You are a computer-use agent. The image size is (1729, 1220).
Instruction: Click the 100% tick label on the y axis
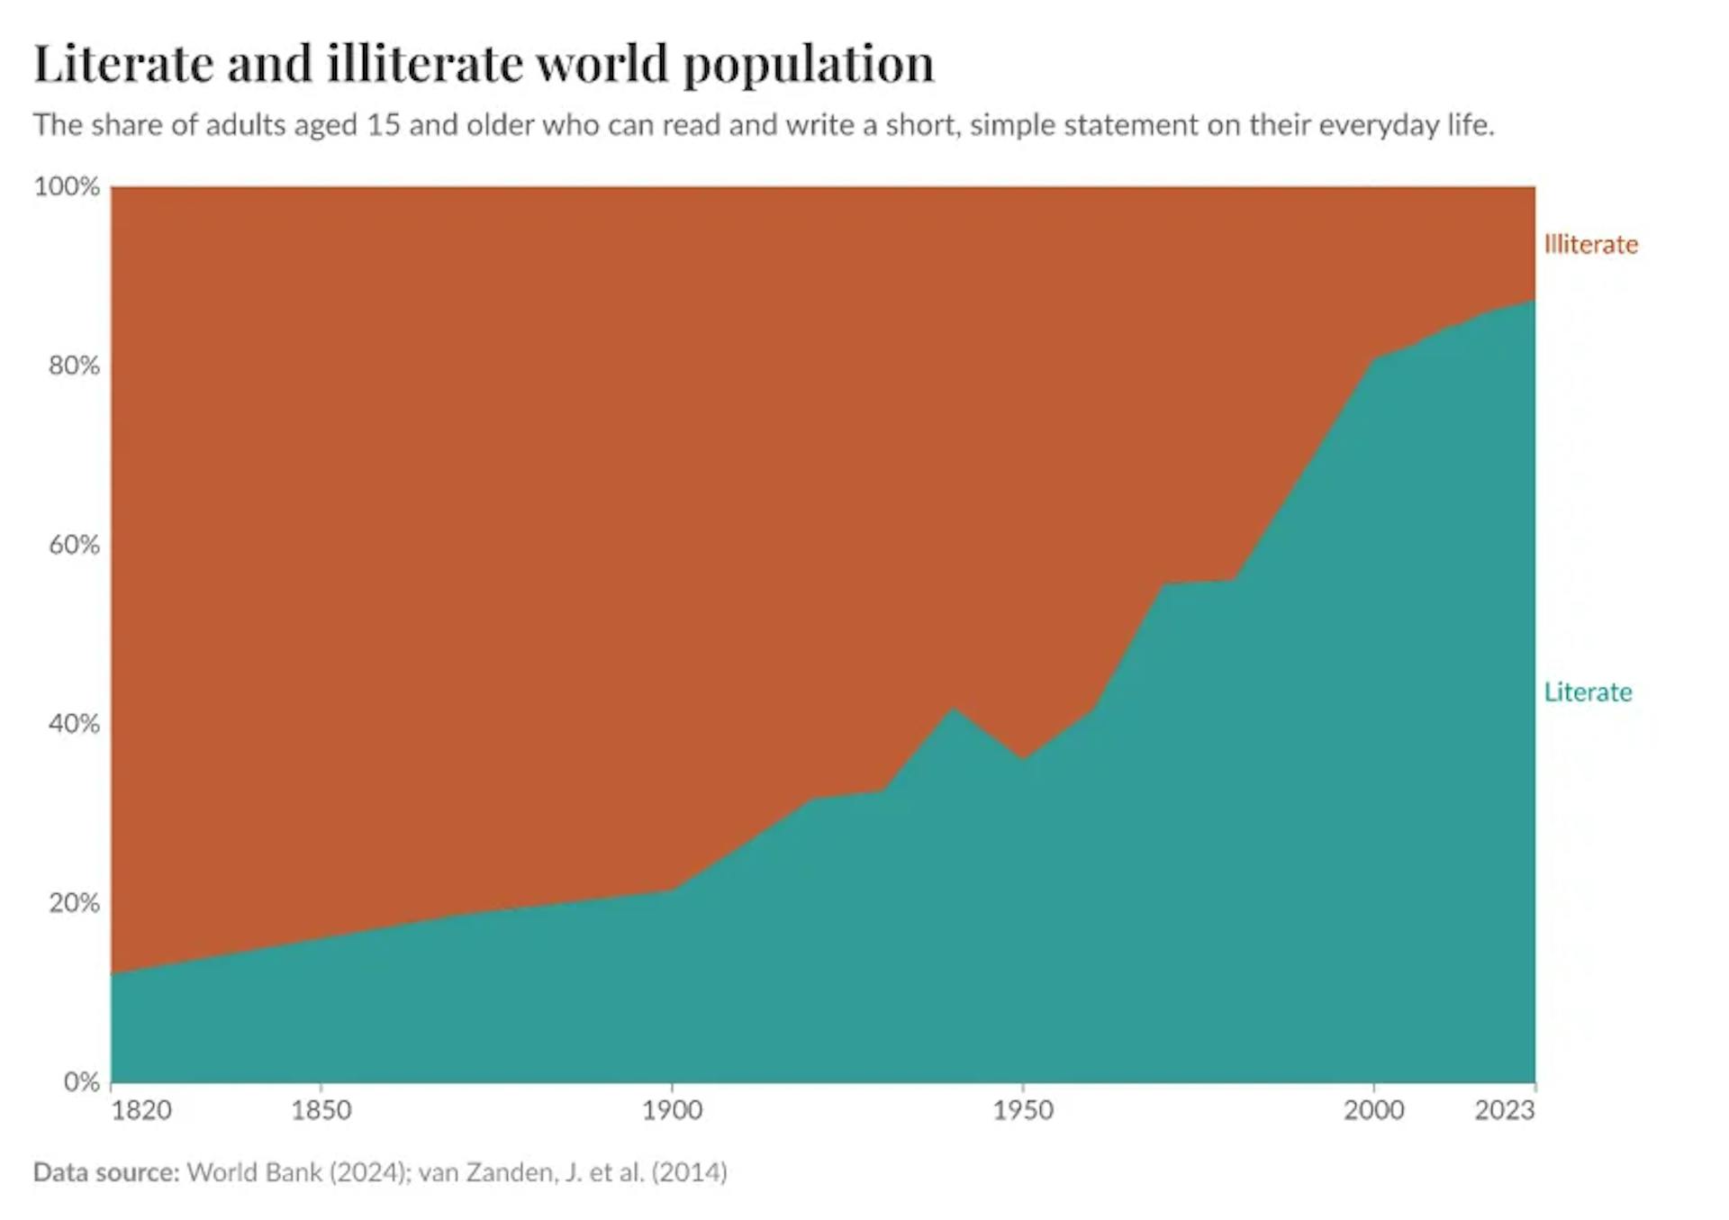pyautogui.click(x=67, y=186)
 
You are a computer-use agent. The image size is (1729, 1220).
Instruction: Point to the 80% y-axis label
pyautogui.click(x=74, y=366)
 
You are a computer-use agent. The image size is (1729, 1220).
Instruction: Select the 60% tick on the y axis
pyautogui.click(x=74, y=545)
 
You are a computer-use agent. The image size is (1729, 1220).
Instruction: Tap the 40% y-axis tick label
pyautogui.click(x=74, y=724)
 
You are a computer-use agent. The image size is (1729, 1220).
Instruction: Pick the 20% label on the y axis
pyautogui.click(x=74, y=903)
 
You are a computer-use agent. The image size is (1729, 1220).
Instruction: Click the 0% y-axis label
pyautogui.click(x=81, y=1081)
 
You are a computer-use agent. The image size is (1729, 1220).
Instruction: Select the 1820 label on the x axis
pyautogui.click(x=141, y=1110)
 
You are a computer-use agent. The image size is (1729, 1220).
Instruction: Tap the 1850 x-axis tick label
pyautogui.click(x=321, y=1110)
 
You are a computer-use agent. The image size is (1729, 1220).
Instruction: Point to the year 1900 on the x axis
pyautogui.click(x=672, y=1110)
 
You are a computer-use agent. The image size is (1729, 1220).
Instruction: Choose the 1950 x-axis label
pyautogui.click(x=1023, y=1110)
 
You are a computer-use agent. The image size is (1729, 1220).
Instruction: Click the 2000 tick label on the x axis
pyautogui.click(x=1373, y=1110)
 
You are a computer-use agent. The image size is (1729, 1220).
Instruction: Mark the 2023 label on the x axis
pyautogui.click(x=1504, y=1110)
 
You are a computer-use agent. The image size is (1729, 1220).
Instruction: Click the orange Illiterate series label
pyautogui.click(x=1590, y=245)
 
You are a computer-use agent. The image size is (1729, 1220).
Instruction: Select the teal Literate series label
pyautogui.click(x=1588, y=692)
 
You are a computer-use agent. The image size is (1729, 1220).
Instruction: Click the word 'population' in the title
pyautogui.click(x=808, y=66)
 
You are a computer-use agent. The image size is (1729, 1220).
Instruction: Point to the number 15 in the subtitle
pyautogui.click(x=383, y=124)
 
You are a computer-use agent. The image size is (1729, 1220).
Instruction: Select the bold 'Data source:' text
pyautogui.click(x=106, y=1172)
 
